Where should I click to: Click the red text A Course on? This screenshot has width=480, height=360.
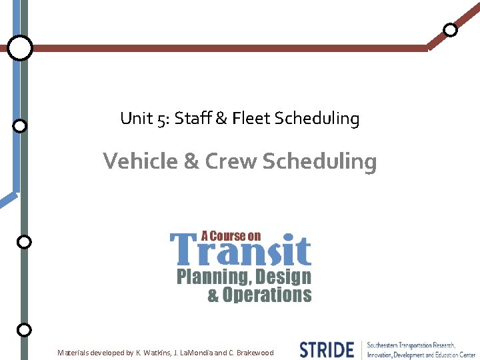point(231,236)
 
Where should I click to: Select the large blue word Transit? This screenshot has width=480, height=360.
point(241,251)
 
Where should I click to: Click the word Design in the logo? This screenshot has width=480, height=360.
point(284,277)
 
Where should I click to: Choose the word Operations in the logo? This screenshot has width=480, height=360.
point(267,295)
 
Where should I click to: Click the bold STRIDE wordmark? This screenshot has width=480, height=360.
point(327,350)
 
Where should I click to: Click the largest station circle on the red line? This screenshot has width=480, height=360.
point(20,48)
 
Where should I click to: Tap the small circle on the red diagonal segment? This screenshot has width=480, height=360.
point(451,29)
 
